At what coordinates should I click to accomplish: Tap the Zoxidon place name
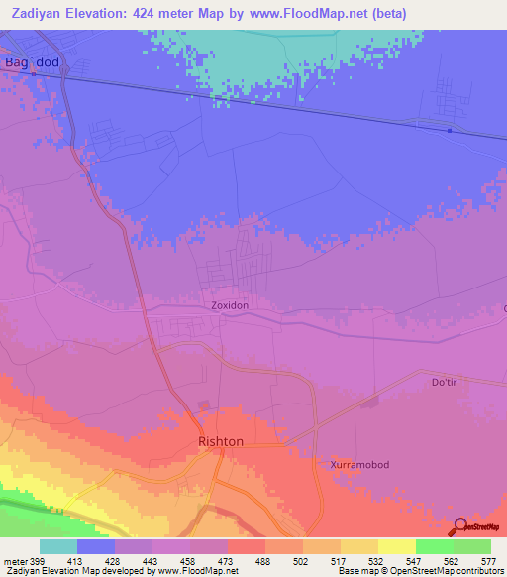click(x=229, y=306)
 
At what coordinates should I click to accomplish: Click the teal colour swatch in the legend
click(x=57, y=546)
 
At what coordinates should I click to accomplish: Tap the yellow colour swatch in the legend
click(x=396, y=546)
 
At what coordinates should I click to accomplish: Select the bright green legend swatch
click(x=434, y=546)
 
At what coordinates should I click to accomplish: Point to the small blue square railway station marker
click(x=450, y=130)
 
